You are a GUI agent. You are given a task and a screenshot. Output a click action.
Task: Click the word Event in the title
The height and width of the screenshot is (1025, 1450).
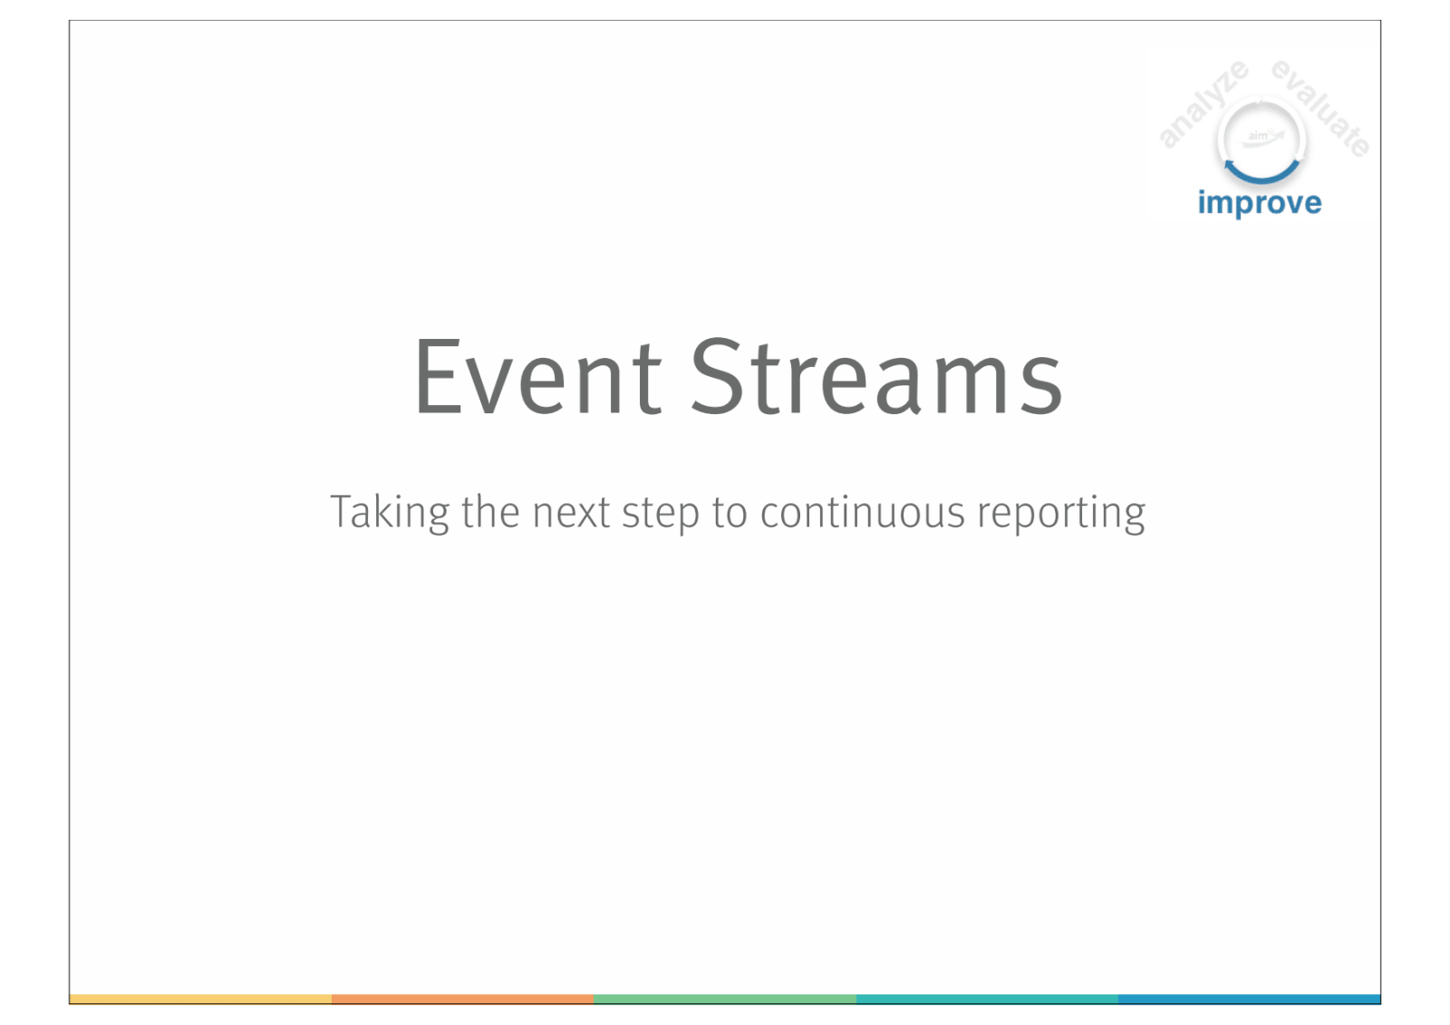[538, 376]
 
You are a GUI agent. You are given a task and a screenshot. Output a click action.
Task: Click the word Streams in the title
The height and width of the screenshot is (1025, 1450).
[876, 376]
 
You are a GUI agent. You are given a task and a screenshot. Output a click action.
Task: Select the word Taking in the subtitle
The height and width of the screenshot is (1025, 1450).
[389, 513]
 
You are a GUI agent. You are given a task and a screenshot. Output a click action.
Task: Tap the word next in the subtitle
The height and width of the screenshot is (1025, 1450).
[571, 513]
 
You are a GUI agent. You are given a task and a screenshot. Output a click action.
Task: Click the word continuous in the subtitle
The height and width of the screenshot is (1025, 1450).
[862, 512]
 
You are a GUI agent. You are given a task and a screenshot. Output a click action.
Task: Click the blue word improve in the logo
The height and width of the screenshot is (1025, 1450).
[1260, 204]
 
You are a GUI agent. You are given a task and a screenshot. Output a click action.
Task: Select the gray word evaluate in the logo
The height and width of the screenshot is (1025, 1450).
[1320, 108]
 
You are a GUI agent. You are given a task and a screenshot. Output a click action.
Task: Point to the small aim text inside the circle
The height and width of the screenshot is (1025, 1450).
[1258, 136]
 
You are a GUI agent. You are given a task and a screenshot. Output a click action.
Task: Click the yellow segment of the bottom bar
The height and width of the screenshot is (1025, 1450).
[200, 999]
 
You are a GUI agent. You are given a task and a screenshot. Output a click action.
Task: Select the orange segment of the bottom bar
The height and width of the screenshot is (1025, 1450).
[463, 999]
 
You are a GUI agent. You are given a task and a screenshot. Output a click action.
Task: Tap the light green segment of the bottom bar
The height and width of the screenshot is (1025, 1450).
[725, 999]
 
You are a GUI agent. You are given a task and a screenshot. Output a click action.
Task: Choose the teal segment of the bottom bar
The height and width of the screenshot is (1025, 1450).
[987, 999]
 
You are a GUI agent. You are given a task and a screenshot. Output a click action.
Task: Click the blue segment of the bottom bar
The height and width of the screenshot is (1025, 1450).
[1250, 999]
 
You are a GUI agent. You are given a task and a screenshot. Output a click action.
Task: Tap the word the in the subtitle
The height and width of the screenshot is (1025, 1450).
[490, 511]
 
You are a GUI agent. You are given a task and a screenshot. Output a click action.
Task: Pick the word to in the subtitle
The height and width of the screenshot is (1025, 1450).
[730, 513]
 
